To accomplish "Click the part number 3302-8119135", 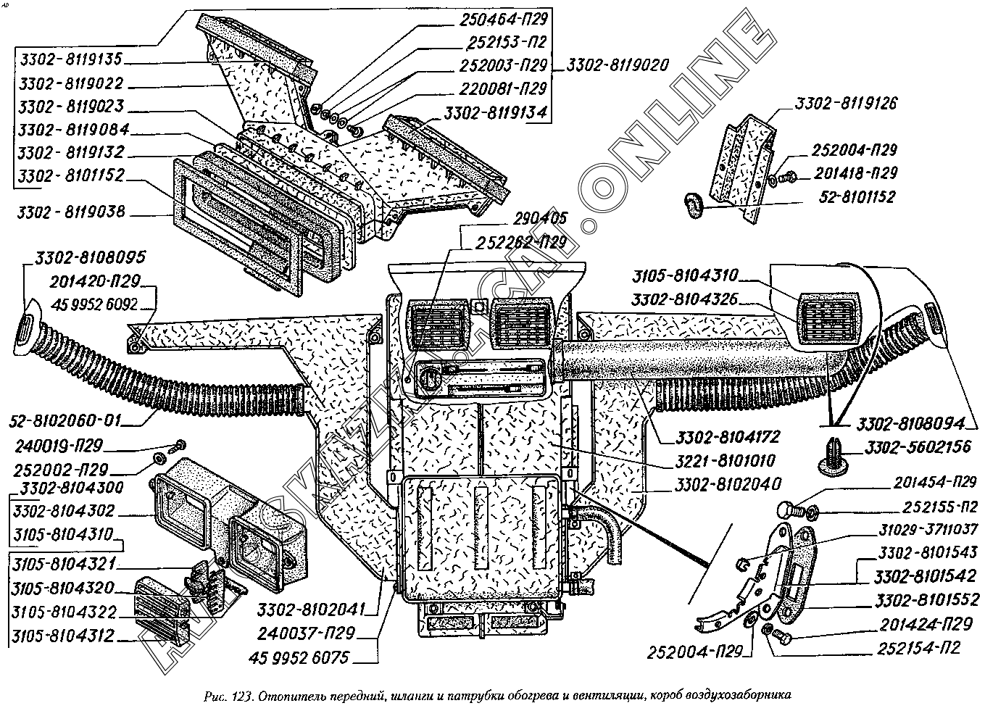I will tap(71, 59).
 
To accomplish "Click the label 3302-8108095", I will tap(90, 257).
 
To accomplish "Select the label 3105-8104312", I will tap(63, 636).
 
